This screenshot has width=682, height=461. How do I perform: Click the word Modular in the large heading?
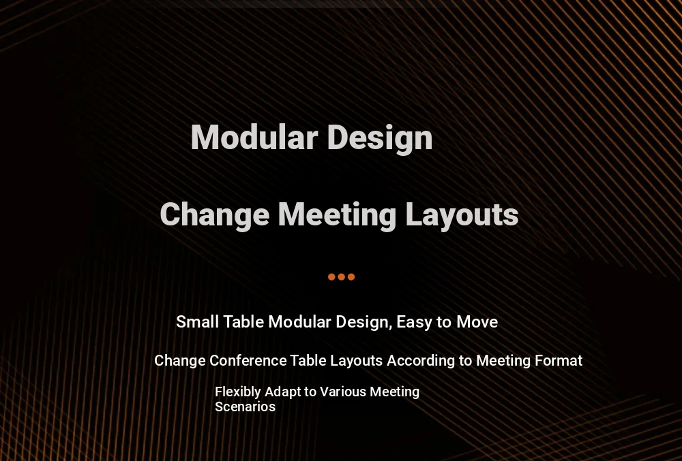[x=254, y=137]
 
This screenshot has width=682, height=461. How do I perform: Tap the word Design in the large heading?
[x=380, y=138]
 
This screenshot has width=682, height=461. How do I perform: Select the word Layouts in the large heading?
[x=462, y=215]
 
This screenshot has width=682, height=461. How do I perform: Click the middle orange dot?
[x=342, y=277]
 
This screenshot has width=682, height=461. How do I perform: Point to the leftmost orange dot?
[x=331, y=277]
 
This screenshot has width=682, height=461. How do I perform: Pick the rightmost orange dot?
[x=351, y=277]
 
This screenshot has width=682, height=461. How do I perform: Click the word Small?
[x=198, y=322]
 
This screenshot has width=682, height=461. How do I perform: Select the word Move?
[x=477, y=322]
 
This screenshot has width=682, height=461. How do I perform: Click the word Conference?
[x=248, y=361]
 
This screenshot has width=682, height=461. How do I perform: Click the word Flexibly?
[x=238, y=392]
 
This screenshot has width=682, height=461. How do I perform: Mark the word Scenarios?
[x=246, y=407]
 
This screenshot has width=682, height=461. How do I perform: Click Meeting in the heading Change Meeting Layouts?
[x=337, y=215]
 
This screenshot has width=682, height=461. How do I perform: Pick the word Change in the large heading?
[x=215, y=215]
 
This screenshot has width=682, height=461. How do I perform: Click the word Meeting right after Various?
[x=394, y=392]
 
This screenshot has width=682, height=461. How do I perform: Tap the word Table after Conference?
[x=308, y=361]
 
